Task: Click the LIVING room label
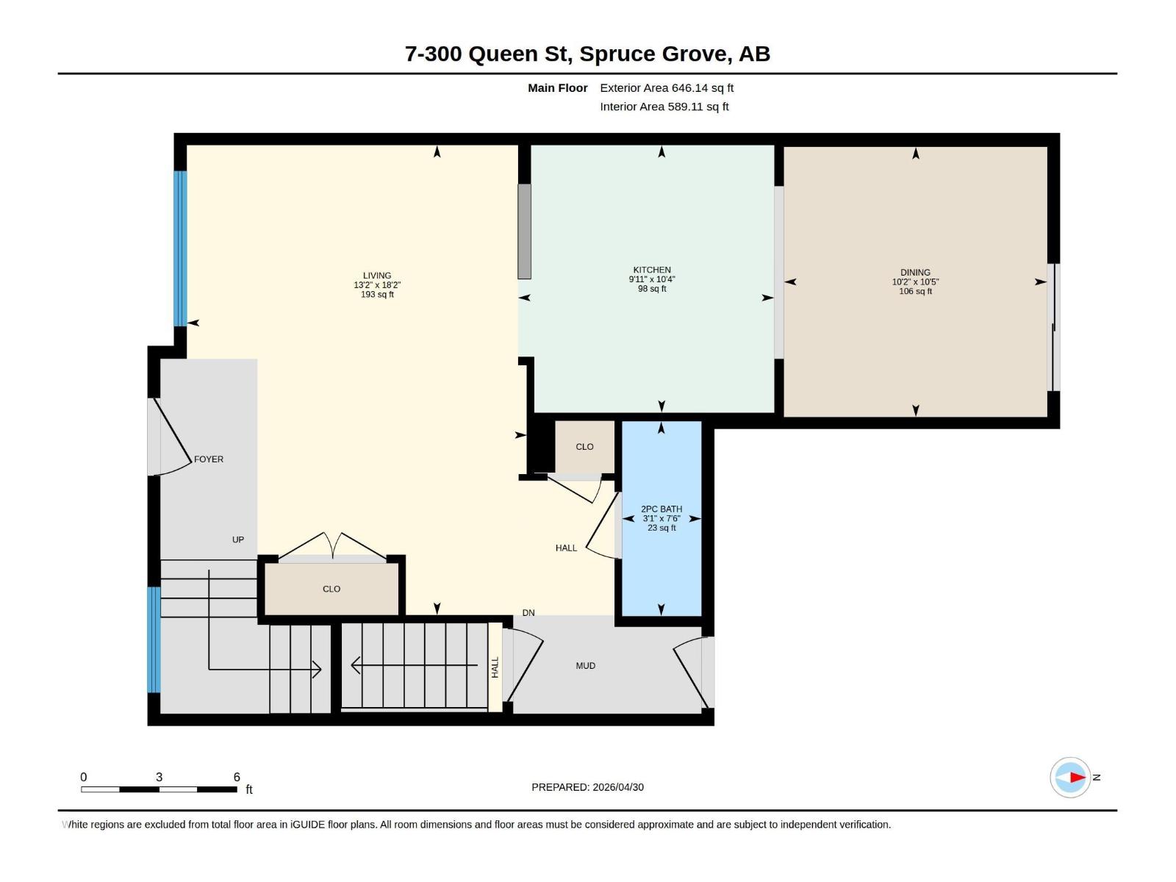[376, 276]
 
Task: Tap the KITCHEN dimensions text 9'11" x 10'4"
[651, 279]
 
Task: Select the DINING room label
[915, 272]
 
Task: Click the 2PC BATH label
[661, 509]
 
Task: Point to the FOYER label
[209, 459]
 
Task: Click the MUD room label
[585, 666]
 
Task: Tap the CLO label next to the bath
[584, 447]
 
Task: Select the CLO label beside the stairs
[331, 589]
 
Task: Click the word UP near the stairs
[238, 539]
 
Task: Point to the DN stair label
[528, 613]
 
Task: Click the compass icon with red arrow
[1070, 777]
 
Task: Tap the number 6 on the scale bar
[237, 777]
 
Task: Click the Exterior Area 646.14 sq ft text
[666, 87]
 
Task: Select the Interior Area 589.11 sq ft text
[664, 107]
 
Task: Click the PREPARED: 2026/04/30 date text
[587, 787]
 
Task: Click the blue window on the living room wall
[180, 248]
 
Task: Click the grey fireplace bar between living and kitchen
[524, 231]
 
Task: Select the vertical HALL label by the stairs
[495, 667]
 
